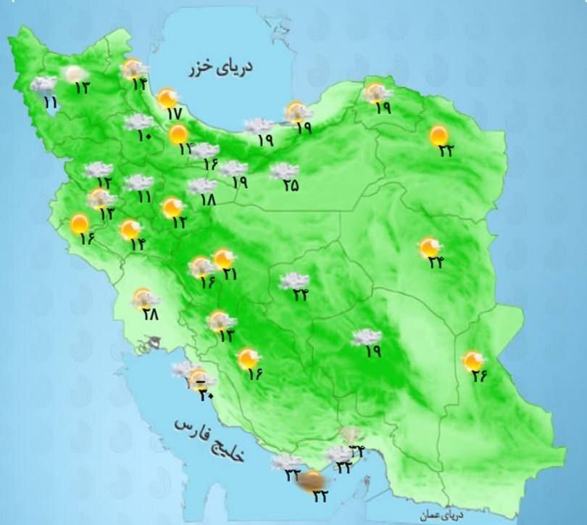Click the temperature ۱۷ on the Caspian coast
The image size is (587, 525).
click(x=173, y=114)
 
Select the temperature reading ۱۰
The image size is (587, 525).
click(x=143, y=136)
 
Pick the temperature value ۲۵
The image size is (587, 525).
click(x=290, y=186)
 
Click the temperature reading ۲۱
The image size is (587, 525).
click(x=230, y=275)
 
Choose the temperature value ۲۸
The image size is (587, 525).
click(x=150, y=314)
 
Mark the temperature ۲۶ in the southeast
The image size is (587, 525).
click(x=480, y=376)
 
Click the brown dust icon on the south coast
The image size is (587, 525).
click(x=313, y=479)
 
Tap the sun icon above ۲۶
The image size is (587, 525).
click(x=473, y=360)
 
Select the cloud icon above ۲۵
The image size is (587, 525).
click(x=283, y=171)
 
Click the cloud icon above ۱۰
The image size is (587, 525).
click(x=138, y=122)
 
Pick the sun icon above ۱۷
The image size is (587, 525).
click(x=168, y=98)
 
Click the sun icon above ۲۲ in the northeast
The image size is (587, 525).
click(x=438, y=135)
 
